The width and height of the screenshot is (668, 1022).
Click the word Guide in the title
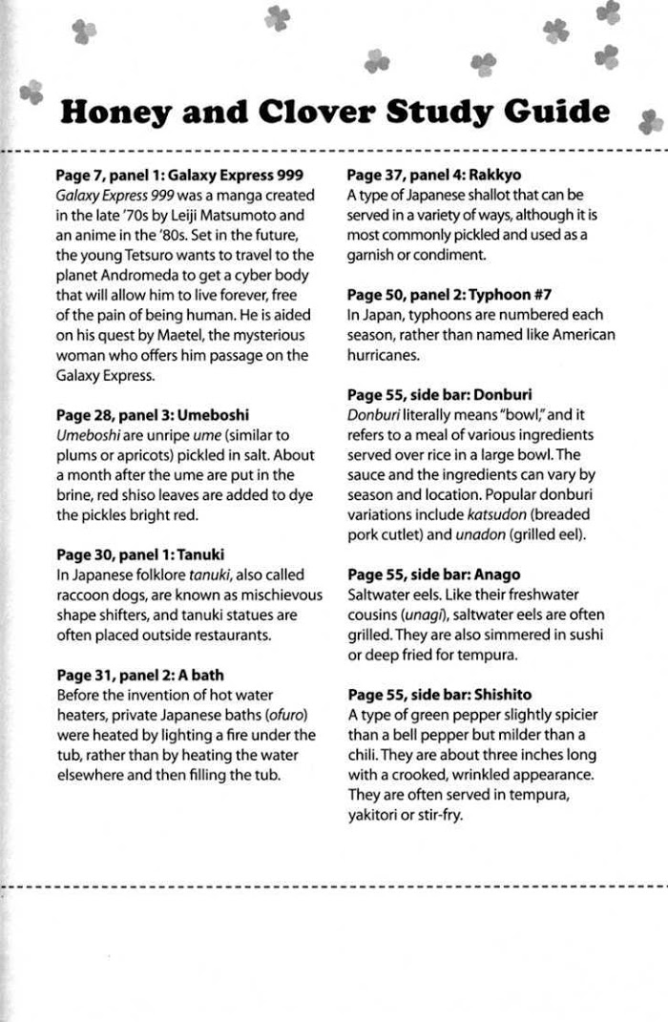coord(556,114)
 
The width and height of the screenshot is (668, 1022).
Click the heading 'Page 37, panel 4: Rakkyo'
coord(433,176)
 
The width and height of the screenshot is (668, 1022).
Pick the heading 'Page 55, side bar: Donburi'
coord(439,394)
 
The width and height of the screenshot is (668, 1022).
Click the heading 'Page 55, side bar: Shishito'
coord(439,695)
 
